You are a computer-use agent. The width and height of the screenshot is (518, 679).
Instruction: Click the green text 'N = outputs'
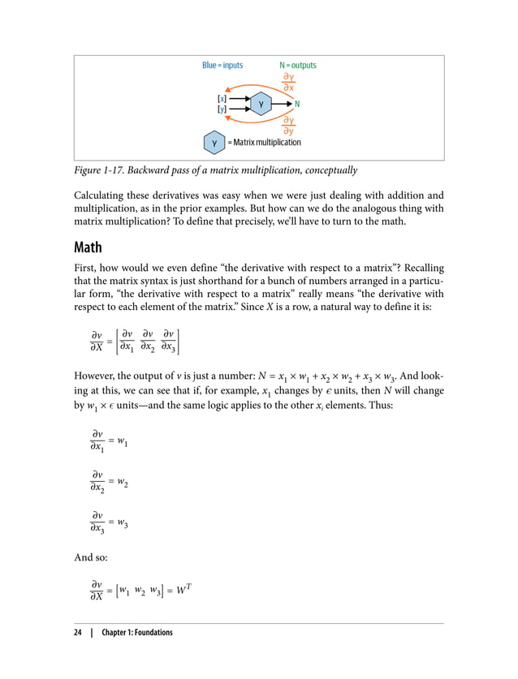pyautogui.click(x=298, y=66)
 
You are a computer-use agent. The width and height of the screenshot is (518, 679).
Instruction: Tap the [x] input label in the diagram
pyautogui.click(x=222, y=98)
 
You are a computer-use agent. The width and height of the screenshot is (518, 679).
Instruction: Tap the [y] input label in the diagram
pyautogui.click(x=222, y=109)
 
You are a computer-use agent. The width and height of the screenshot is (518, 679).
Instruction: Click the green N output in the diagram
pyautogui.click(x=297, y=104)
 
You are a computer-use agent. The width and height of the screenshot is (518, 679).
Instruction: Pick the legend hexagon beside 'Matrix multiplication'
pyautogui.click(x=214, y=143)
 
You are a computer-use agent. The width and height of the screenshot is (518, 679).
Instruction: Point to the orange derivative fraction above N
pyautogui.click(x=288, y=82)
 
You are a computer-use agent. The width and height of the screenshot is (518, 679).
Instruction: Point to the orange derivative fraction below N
pyautogui.click(x=288, y=125)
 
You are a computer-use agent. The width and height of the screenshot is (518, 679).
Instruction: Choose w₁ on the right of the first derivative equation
pyautogui.click(x=123, y=441)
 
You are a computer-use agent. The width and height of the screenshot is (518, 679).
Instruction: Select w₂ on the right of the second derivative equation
pyautogui.click(x=123, y=482)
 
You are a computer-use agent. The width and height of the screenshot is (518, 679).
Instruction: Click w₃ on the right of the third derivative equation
pyautogui.click(x=123, y=523)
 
